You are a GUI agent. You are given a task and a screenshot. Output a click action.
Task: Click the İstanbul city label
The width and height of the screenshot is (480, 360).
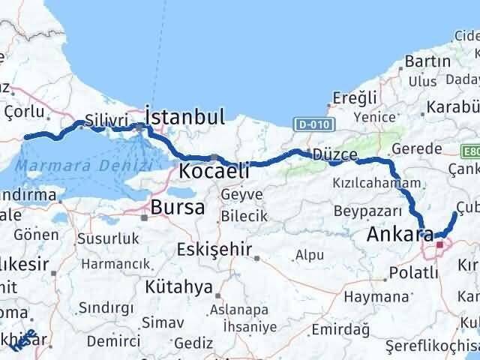pos(185,117)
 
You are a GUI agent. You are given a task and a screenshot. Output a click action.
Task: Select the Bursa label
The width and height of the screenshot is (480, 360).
pos(178,207)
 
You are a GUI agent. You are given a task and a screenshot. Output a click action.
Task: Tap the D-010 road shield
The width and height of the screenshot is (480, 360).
pos(309,124)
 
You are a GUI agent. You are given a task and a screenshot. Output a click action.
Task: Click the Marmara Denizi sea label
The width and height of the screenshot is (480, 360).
pos(60,165)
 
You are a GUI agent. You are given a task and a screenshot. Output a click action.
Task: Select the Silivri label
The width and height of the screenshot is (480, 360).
pos(103,118)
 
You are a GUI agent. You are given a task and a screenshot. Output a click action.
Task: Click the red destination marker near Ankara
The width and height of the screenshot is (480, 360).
pos(439,244)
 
